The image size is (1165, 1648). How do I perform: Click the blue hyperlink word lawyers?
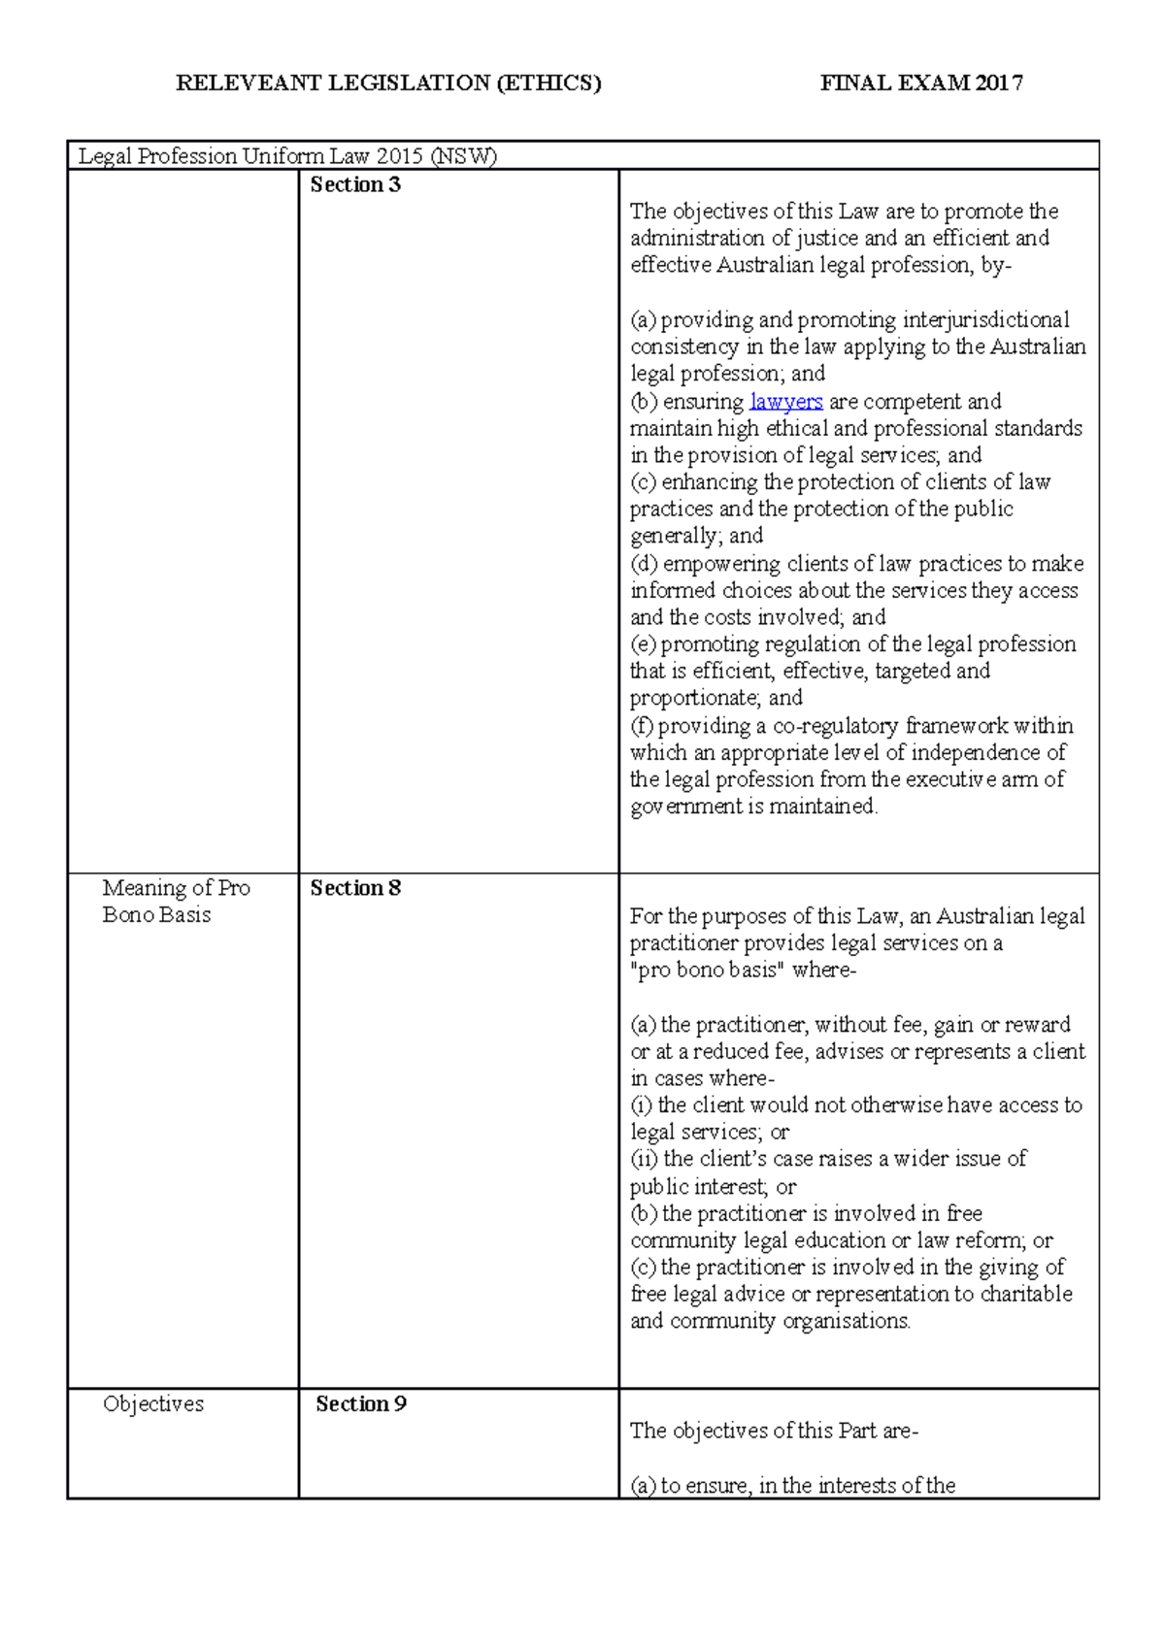click(785, 402)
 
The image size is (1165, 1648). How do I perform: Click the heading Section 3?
click(354, 184)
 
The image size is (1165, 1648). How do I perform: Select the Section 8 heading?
click(354, 888)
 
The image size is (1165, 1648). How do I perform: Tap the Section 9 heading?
click(360, 1403)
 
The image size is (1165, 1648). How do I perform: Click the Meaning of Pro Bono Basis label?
click(176, 902)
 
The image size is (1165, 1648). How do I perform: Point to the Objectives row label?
click(153, 1403)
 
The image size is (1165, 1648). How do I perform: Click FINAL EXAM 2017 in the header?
click(920, 83)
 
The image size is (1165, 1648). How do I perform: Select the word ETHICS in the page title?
click(549, 83)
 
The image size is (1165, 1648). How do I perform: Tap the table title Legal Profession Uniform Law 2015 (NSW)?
click(287, 156)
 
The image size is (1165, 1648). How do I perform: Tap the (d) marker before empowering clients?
click(644, 564)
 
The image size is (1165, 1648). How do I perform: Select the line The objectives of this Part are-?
click(774, 1431)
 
